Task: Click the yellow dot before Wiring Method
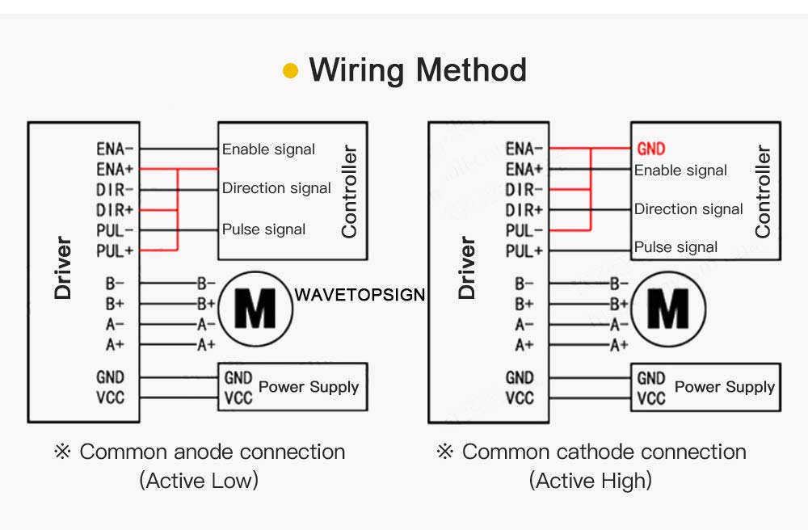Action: [291, 71]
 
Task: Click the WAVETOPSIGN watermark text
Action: [360, 294]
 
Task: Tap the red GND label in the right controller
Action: [651, 149]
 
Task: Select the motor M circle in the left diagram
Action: [255, 308]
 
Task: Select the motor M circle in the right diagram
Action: [668, 309]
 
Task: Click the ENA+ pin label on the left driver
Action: [115, 170]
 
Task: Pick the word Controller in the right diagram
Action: [762, 191]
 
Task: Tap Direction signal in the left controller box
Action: [276, 188]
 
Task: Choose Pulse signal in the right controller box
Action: [675, 247]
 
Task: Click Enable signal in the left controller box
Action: [268, 149]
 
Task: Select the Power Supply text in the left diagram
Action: [308, 387]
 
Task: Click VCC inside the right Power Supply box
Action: [650, 398]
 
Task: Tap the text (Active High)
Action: [591, 482]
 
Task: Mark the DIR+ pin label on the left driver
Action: [115, 210]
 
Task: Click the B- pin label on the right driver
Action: [524, 284]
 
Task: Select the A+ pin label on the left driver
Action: [115, 345]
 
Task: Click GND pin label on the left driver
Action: [111, 377]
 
